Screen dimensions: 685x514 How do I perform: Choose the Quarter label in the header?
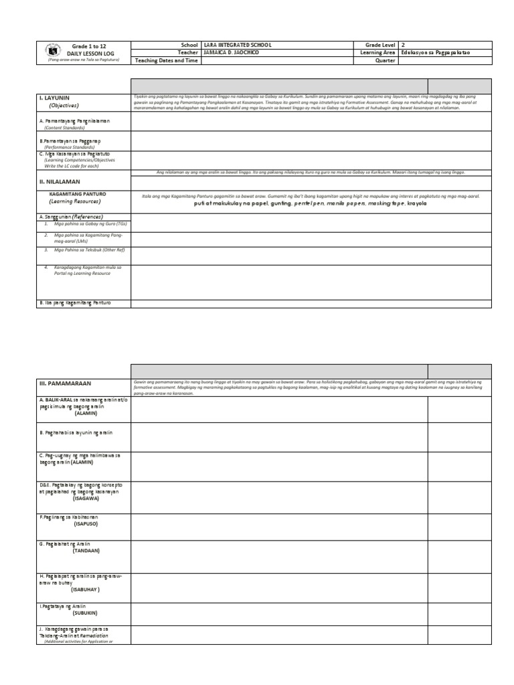coord(385,60)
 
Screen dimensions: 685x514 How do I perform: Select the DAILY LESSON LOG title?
coord(87,52)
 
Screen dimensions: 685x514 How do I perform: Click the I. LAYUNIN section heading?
coord(54,98)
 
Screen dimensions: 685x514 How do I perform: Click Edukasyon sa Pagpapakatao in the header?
coord(435,52)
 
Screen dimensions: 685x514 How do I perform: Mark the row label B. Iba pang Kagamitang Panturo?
coord(75,303)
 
